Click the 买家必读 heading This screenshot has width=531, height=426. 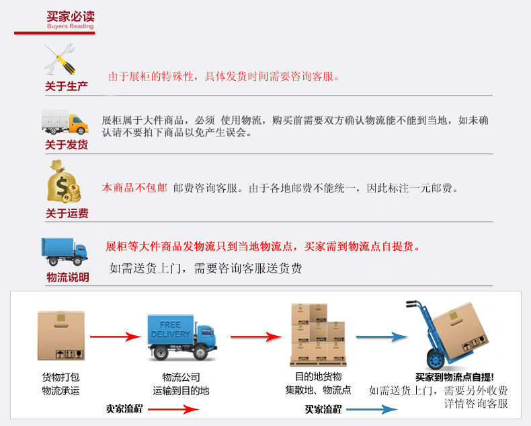[x=71, y=16]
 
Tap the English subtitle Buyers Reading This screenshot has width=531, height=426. [x=71, y=26]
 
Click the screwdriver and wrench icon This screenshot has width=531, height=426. [x=60, y=59]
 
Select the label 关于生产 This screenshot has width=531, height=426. [x=67, y=86]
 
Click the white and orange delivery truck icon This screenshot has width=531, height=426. [x=65, y=122]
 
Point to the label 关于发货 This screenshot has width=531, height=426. [x=67, y=145]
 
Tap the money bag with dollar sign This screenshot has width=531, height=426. [x=63, y=182]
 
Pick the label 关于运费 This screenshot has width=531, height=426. [x=67, y=213]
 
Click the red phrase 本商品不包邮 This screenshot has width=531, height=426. [x=134, y=188]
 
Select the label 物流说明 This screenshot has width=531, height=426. [x=68, y=277]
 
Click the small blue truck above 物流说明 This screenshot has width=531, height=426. [x=65, y=252]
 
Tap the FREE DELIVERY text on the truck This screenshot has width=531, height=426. [x=170, y=329]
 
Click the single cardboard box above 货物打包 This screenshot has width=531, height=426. [x=61, y=335]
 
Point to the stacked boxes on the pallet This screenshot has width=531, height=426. [x=318, y=334]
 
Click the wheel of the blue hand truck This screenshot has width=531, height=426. [x=436, y=360]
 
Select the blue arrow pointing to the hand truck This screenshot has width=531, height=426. [x=382, y=336]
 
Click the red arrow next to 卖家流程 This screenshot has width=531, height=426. [x=173, y=409]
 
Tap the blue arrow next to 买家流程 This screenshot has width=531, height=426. [x=372, y=409]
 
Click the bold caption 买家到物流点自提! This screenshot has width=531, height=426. [x=454, y=377]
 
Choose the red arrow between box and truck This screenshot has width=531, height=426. [x=116, y=336]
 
